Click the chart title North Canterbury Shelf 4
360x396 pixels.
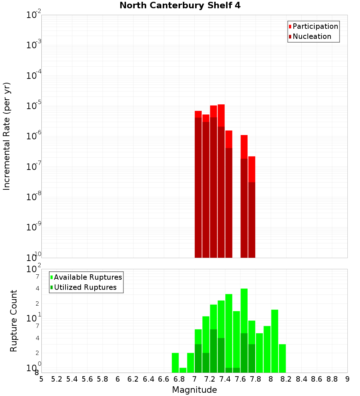[180, 6]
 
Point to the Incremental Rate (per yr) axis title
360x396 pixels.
[7, 136]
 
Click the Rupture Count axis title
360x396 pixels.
[14, 321]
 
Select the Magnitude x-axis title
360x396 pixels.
[194, 390]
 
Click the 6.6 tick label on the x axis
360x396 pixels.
[163, 379]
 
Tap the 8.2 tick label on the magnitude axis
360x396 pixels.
[286, 379]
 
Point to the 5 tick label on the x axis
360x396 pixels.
[41, 379]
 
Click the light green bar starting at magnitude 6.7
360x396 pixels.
[175, 363]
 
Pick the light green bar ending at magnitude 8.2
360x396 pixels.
[282, 358]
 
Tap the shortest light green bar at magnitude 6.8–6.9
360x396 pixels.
[183, 370]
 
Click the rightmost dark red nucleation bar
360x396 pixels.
[252, 220]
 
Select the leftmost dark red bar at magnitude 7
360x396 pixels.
[198, 187]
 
